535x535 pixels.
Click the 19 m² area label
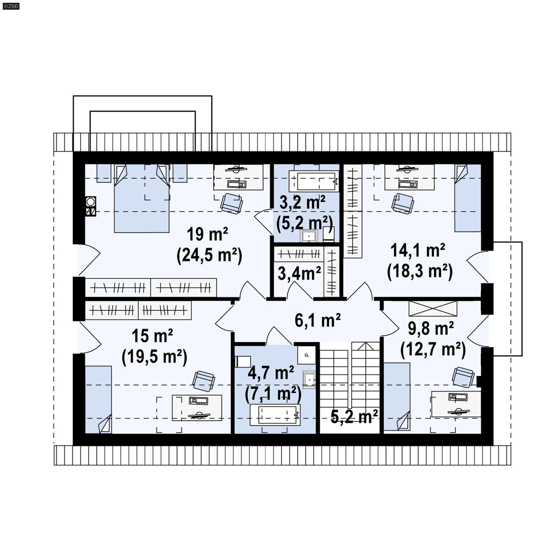point(207,234)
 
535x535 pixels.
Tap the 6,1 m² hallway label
point(317,320)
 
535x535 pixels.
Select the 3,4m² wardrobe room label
point(299,273)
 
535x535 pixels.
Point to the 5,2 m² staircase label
point(354,417)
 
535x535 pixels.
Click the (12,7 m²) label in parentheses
point(433,349)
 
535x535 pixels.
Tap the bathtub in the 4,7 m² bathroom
point(275,415)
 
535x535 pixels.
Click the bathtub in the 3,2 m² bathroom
point(314,181)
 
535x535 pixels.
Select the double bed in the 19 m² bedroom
point(141,201)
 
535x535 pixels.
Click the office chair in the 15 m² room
point(204,381)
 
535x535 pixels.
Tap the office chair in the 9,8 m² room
point(463,377)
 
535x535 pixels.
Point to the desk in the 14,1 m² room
point(409,177)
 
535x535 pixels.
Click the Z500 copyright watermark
point(11,6)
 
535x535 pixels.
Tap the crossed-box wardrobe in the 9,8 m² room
point(433,309)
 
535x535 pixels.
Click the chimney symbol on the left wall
point(90,206)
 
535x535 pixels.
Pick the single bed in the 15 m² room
point(98,400)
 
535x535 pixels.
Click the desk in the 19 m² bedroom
point(238,177)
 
